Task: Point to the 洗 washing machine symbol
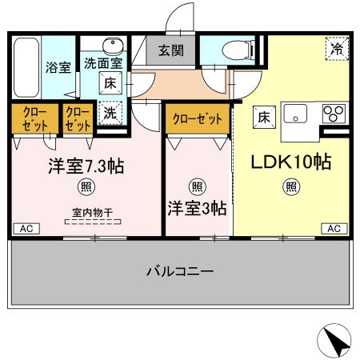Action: [x=110, y=114]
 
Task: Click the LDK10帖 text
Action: [x=292, y=161]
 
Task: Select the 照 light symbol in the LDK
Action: [x=292, y=188]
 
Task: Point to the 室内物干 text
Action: [x=88, y=212]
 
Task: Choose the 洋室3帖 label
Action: [x=196, y=208]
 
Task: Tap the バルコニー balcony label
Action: [x=180, y=272]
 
